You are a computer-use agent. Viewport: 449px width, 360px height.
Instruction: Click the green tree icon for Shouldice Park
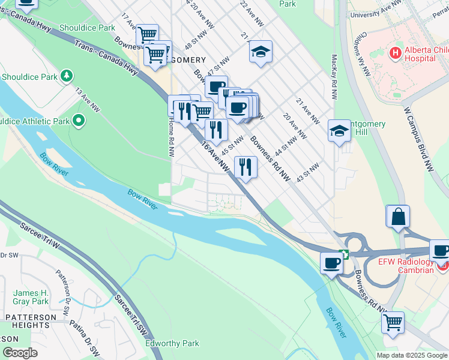pyautogui.click(x=67, y=76)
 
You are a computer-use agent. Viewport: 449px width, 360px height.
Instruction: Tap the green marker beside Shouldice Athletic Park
pyautogui.click(x=79, y=121)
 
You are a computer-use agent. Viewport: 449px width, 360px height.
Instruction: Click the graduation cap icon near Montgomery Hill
pyautogui.click(x=339, y=131)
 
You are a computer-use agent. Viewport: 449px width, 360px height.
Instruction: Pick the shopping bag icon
pyautogui.click(x=399, y=217)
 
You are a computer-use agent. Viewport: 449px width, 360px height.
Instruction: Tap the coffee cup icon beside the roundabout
pyautogui.click(x=331, y=262)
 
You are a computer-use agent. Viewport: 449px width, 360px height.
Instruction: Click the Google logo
pyautogui.click(x=20, y=353)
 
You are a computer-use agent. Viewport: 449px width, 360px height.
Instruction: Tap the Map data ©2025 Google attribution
pyautogui.click(x=412, y=355)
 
